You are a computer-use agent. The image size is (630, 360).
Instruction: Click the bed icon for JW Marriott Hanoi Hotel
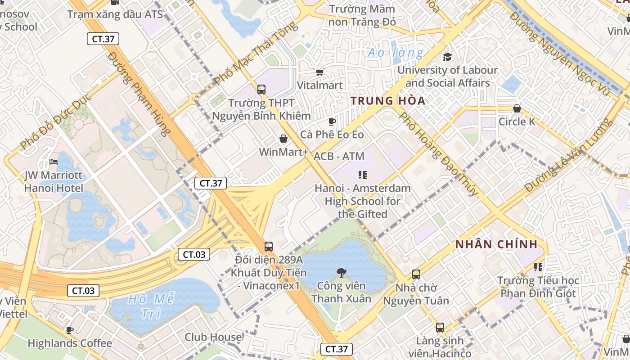pos(54,162)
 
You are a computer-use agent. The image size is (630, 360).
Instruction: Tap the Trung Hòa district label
pos(388,100)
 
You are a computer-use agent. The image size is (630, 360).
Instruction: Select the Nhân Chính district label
pos(496,244)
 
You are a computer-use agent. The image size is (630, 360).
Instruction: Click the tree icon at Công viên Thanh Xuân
pos(341,272)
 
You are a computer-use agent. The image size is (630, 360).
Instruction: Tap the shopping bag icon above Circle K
pos(517,108)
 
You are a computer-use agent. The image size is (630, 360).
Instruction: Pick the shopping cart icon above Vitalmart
pos(320,72)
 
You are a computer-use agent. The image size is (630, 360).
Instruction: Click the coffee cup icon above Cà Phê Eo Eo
pos(332,121)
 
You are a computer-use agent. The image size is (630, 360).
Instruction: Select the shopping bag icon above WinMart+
pos(283,139)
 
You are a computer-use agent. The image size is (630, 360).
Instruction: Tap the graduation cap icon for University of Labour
pos(447,57)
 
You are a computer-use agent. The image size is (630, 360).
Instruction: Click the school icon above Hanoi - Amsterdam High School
pos(362,175)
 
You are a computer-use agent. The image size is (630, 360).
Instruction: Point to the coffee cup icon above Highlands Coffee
pos(70,330)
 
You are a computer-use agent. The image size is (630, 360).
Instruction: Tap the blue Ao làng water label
pos(396,53)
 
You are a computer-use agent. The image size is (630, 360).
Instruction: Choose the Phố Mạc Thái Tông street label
pos(256,53)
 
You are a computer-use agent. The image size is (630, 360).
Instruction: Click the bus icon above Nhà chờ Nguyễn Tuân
pos(416,274)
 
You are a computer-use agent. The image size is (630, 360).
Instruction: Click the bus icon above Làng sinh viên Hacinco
pos(440,328)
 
